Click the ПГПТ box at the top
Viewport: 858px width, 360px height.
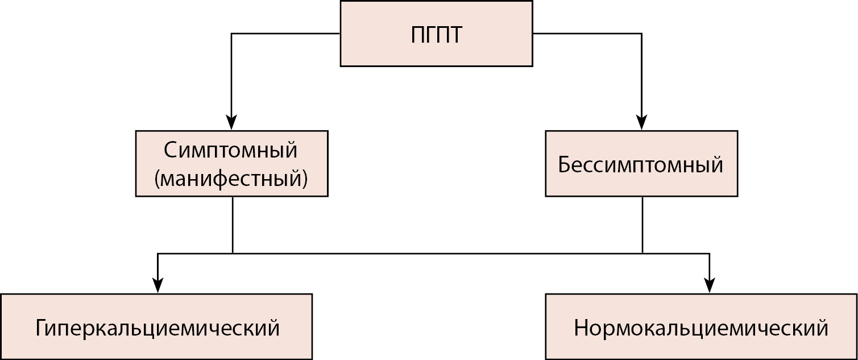click(x=436, y=34)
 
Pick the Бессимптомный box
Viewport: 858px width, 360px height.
click(x=641, y=164)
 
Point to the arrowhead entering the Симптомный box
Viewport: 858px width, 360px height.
click(x=231, y=123)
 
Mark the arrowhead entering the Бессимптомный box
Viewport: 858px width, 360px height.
click(x=641, y=123)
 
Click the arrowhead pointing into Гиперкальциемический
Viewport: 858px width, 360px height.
click(x=158, y=285)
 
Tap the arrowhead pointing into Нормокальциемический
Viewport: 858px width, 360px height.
click(x=709, y=285)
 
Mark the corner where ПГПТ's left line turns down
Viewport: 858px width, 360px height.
click(x=231, y=34)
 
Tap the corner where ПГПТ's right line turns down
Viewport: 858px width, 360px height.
click(x=641, y=34)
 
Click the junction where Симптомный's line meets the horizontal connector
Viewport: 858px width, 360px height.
click(x=233, y=253)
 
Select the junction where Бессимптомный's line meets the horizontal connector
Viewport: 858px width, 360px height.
click(x=643, y=253)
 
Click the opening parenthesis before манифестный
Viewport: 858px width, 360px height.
click(x=157, y=180)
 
